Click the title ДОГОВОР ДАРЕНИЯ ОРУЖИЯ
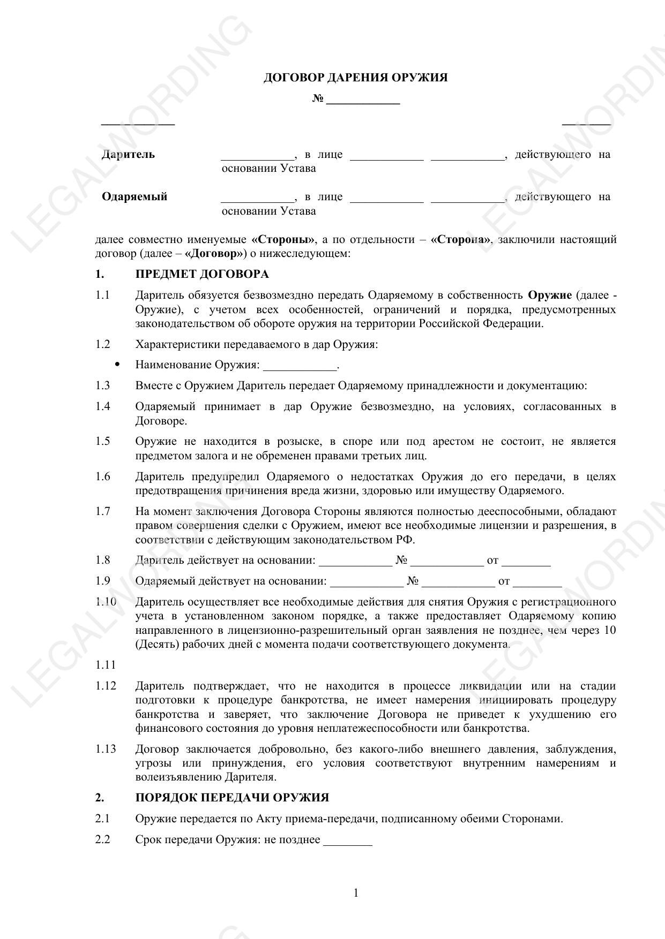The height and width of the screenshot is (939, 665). [355, 78]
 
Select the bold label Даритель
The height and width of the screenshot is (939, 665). [128, 155]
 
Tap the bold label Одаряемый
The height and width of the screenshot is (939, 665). [135, 197]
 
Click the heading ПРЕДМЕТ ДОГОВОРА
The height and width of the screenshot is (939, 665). [202, 275]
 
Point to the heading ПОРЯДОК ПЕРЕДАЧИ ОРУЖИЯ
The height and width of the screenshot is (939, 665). [232, 798]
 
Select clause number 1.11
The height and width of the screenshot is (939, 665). [106, 665]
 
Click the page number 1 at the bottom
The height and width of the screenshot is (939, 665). [356, 893]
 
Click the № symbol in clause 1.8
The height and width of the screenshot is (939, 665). [401, 561]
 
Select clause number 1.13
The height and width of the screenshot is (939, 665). [106, 749]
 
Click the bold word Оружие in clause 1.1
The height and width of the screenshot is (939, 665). [550, 296]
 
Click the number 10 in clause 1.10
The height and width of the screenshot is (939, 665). [609, 631]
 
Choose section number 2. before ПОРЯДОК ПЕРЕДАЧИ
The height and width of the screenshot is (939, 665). [100, 798]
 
